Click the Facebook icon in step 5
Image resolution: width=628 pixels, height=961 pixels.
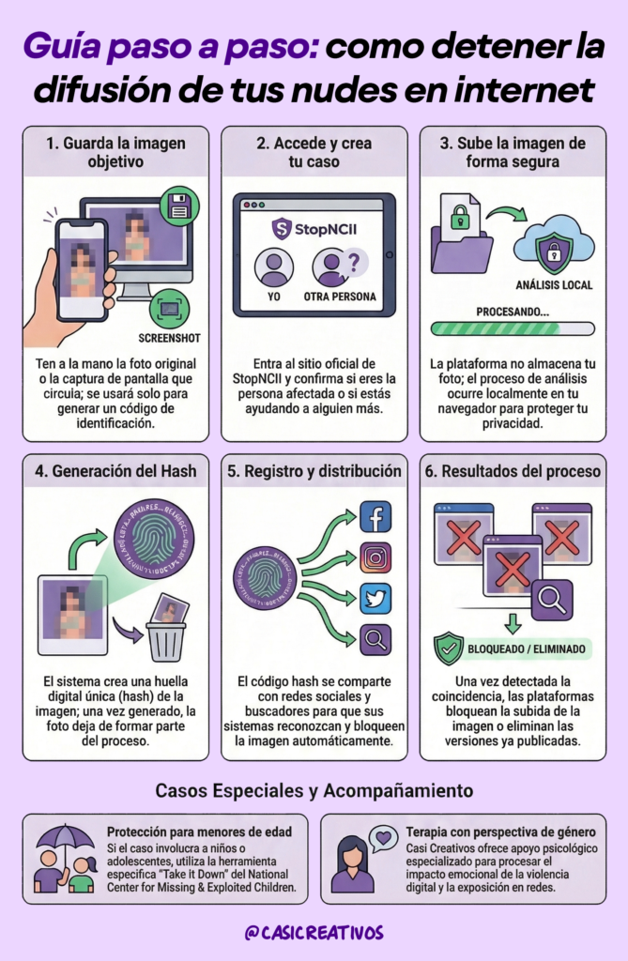point(375,517)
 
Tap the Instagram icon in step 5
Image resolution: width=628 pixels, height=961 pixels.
point(375,557)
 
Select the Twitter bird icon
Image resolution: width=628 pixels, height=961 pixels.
point(375,599)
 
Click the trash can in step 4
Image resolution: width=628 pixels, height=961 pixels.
point(165,639)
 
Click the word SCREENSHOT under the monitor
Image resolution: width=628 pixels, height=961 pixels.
point(169,338)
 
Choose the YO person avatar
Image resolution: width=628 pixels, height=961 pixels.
point(275,267)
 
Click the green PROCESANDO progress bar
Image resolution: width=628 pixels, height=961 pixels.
point(512,328)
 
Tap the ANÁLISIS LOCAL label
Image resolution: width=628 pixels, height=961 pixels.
point(554,284)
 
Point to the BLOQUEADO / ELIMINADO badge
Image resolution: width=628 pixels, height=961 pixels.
point(511,648)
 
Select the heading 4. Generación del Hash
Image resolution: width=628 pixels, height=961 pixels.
point(115,471)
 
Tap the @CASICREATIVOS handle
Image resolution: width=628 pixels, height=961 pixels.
point(314,933)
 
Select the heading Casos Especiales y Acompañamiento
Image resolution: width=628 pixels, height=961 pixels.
point(314,789)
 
